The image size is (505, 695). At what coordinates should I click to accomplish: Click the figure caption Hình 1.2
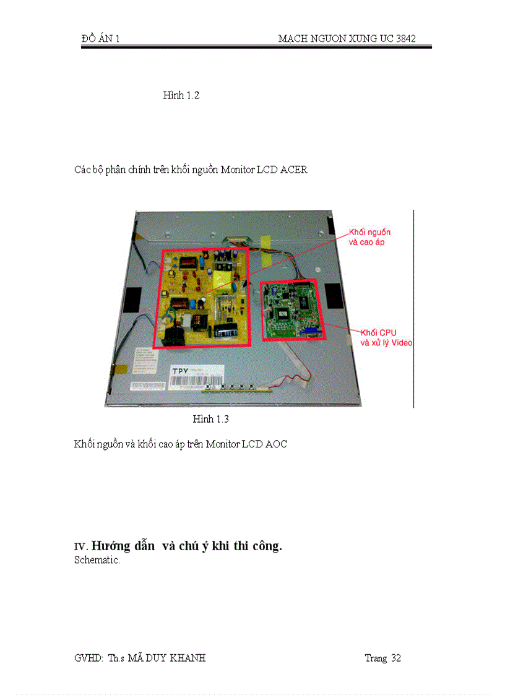pyautogui.click(x=181, y=95)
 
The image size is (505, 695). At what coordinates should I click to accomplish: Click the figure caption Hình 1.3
pyautogui.click(x=210, y=419)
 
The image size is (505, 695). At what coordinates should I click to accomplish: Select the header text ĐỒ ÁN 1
pyautogui.click(x=100, y=38)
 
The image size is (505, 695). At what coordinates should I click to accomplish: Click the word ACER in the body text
pyautogui.click(x=294, y=170)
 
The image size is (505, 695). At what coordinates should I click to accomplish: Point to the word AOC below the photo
pyautogui.click(x=276, y=444)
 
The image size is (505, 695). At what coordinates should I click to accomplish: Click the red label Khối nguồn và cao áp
pyautogui.click(x=370, y=237)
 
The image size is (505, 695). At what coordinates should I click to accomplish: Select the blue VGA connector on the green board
pyautogui.click(x=308, y=333)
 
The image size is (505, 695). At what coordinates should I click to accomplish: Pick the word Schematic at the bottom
pyautogui.click(x=97, y=560)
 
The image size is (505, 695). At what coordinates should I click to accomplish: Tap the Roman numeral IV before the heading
pyautogui.click(x=80, y=547)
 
